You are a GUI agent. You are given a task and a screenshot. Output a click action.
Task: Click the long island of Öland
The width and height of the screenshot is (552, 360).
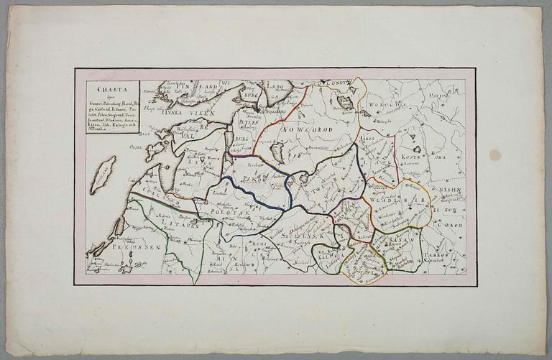103,175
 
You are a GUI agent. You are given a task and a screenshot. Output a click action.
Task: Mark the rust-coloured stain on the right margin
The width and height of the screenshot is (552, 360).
495,154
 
